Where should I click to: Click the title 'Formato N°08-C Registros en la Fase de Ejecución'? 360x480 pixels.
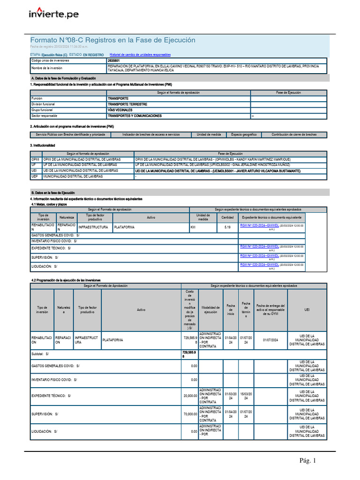click(112, 40)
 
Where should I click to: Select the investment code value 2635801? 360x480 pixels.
click(113, 61)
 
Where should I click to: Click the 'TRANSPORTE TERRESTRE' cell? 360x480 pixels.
click(127, 104)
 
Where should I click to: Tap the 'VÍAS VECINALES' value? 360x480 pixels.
click(120, 110)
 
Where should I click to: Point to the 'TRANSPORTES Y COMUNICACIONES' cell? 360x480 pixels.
click(135, 115)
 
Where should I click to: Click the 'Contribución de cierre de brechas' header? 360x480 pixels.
click(294, 135)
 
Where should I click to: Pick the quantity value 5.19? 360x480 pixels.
click(227, 227)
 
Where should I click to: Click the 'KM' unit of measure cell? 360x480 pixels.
click(193, 227)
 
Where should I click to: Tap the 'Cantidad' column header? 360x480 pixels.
click(227, 217)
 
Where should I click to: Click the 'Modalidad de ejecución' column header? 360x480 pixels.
click(211, 309)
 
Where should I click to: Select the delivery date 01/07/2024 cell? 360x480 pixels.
click(270, 340)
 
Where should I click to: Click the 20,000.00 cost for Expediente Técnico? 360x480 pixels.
click(190, 396)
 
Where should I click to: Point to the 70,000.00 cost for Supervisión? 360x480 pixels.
click(190, 414)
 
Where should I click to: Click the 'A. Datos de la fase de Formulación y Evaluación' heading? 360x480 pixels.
click(63, 78)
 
